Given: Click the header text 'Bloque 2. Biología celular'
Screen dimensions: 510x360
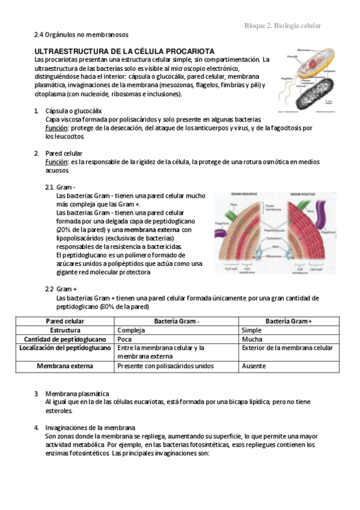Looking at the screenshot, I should coord(282,25).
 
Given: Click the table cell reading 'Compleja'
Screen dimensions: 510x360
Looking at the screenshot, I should coord(131,330).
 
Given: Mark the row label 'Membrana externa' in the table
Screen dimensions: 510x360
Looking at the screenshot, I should coord(66,366).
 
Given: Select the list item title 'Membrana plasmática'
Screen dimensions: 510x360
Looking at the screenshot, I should coord(77,393).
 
